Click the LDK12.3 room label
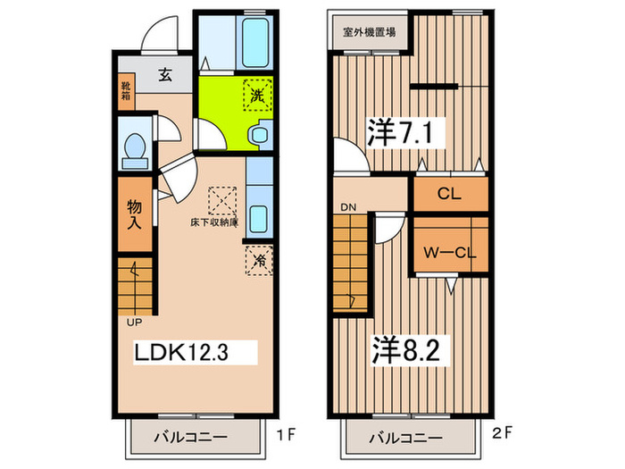(x=181, y=352)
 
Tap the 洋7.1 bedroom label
(x=400, y=132)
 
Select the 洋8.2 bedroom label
(x=405, y=350)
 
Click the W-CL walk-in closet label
(x=450, y=253)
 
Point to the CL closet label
(x=449, y=194)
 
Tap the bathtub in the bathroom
(x=254, y=43)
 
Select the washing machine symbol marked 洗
(x=258, y=96)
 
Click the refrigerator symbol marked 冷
(x=259, y=261)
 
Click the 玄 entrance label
(x=165, y=74)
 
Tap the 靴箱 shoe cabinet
(x=126, y=91)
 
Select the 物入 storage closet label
(x=134, y=214)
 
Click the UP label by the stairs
(x=134, y=322)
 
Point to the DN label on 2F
(x=348, y=207)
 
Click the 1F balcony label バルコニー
(x=191, y=437)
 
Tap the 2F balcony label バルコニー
(x=405, y=439)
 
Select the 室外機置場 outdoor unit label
(x=370, y=32)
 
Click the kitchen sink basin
(x=259, y=219)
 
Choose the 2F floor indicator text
(x=502, y=432)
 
